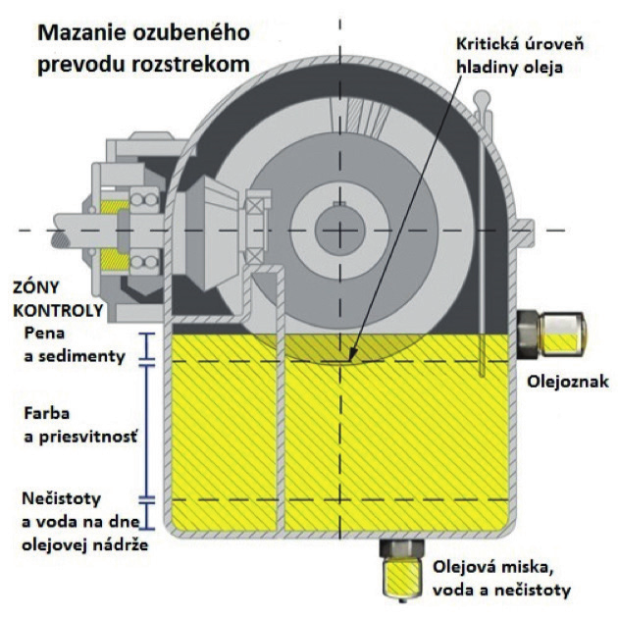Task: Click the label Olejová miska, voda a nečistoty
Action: coord(500,579)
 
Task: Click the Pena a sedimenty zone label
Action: coord(75,345)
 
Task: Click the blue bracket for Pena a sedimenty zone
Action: coord(145,346)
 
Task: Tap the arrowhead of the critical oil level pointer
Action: coord(351,355)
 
